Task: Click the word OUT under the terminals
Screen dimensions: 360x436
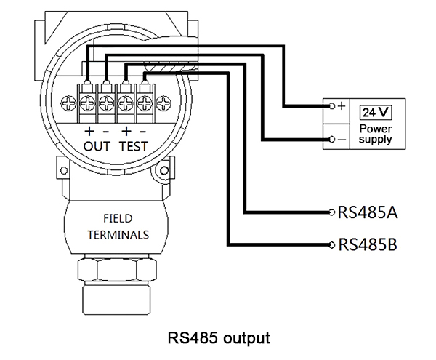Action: click(97, 145)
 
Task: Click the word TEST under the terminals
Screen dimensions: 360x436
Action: click(133, 145)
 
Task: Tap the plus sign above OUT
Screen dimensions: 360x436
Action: click(89, 132)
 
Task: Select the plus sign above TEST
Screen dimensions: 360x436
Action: click(125, 132)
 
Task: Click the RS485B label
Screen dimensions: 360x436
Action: click(367, 244)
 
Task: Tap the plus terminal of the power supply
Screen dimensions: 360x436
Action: click(333, 106)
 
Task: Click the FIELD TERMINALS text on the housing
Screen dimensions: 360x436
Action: click(118, 226)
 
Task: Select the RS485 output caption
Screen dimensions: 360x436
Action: click(219, 337)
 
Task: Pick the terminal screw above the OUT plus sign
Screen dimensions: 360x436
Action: click(89, 101)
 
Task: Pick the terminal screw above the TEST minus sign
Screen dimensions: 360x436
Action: click(144, 101)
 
